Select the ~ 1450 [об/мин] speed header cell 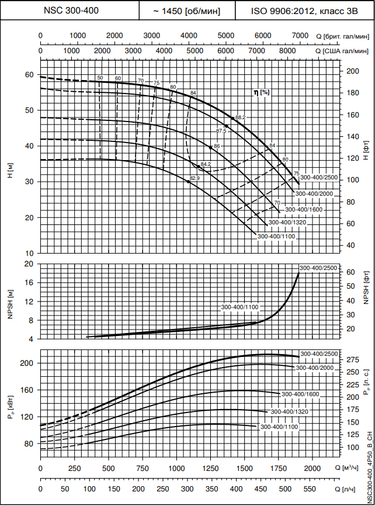click(187, 11)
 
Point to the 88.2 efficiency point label click(241, 117)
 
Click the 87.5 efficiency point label click(221, 130)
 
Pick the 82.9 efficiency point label click(195, 178)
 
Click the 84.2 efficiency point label click(205, 164)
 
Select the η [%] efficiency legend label click(261, 92)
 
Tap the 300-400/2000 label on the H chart click(314, 193)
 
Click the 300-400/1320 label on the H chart click(288, 223)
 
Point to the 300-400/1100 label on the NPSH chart click(239, 307)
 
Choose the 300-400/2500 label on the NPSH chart click(318, 268)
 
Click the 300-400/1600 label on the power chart click(300, 394)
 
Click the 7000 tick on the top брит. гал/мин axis click(299, 36)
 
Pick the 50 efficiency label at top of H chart click(100, 78)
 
